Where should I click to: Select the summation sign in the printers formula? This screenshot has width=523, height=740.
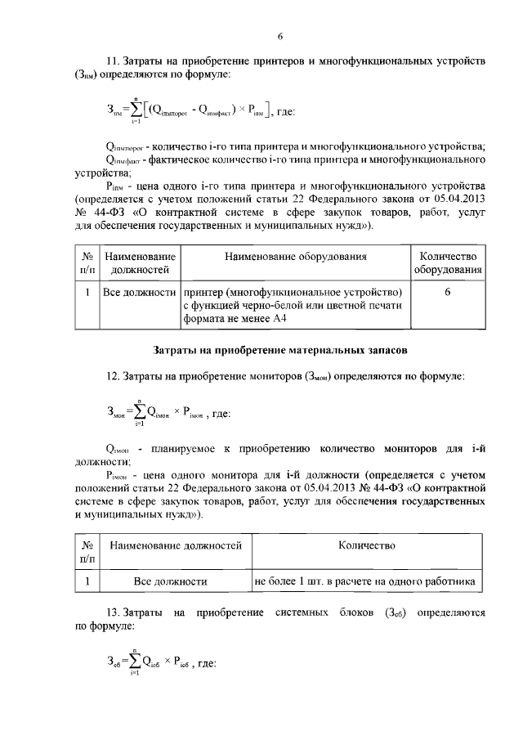click(136, 110)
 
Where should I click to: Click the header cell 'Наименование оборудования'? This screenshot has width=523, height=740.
click(296, 257)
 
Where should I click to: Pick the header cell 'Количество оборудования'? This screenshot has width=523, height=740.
click(449, 263)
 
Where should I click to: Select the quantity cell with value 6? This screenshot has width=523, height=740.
click(449, 292)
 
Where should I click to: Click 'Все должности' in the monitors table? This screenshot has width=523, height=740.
click(170, 581)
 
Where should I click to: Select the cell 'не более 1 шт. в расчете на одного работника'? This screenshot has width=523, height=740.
click(364, 581)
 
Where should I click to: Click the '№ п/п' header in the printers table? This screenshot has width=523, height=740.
click(86, 263)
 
